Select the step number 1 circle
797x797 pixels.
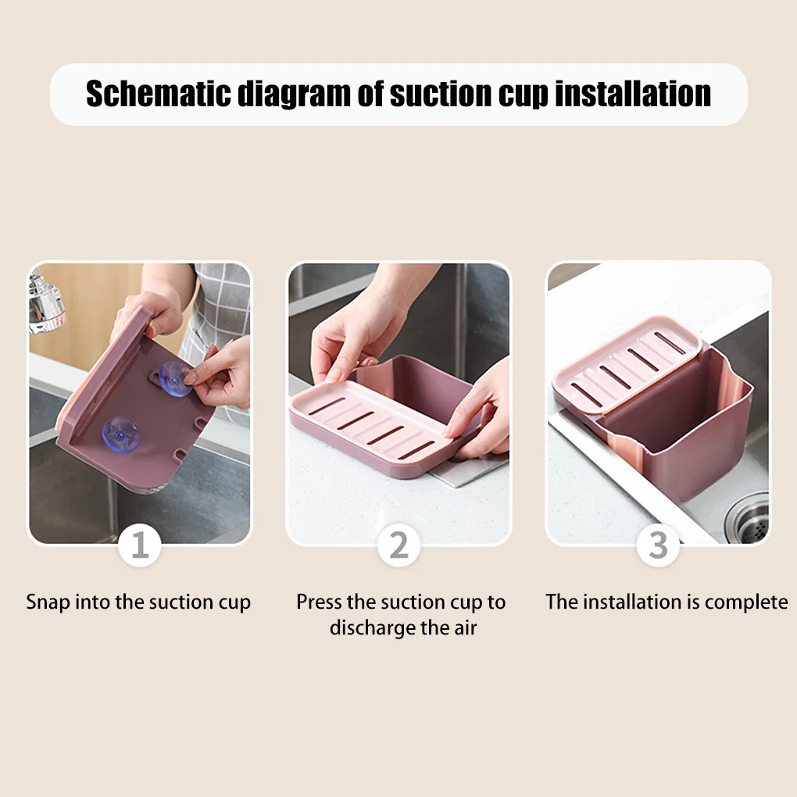(140, 545)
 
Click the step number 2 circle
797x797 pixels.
(398, 545)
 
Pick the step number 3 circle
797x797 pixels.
(658, 545)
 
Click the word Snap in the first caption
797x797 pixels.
(48, 602)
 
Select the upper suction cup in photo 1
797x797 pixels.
(175, 379)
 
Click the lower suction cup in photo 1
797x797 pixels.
(121, 434)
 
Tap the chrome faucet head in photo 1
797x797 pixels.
(45, 301)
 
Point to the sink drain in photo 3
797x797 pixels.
(749, 517)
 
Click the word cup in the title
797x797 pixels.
(524, 94)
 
